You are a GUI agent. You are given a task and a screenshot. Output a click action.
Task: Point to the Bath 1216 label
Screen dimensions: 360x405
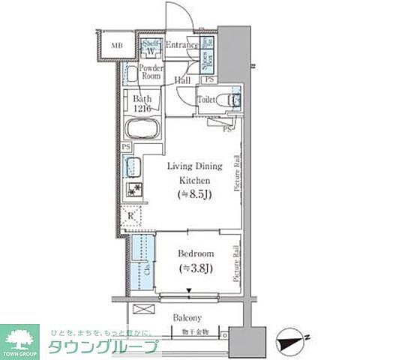(x=142, y=103)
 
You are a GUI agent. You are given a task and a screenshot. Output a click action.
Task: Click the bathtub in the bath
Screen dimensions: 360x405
(x=142, y=128)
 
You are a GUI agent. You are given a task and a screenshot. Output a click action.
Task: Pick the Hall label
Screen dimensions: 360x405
(x=182, y=80)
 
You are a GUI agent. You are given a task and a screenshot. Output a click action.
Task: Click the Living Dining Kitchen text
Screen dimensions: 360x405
(x=193, y=174)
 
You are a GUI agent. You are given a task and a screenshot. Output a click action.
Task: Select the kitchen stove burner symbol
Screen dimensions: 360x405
(x=133, y=190)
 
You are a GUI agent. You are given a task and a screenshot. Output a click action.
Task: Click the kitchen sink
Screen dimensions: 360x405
(x=133, y=168)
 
